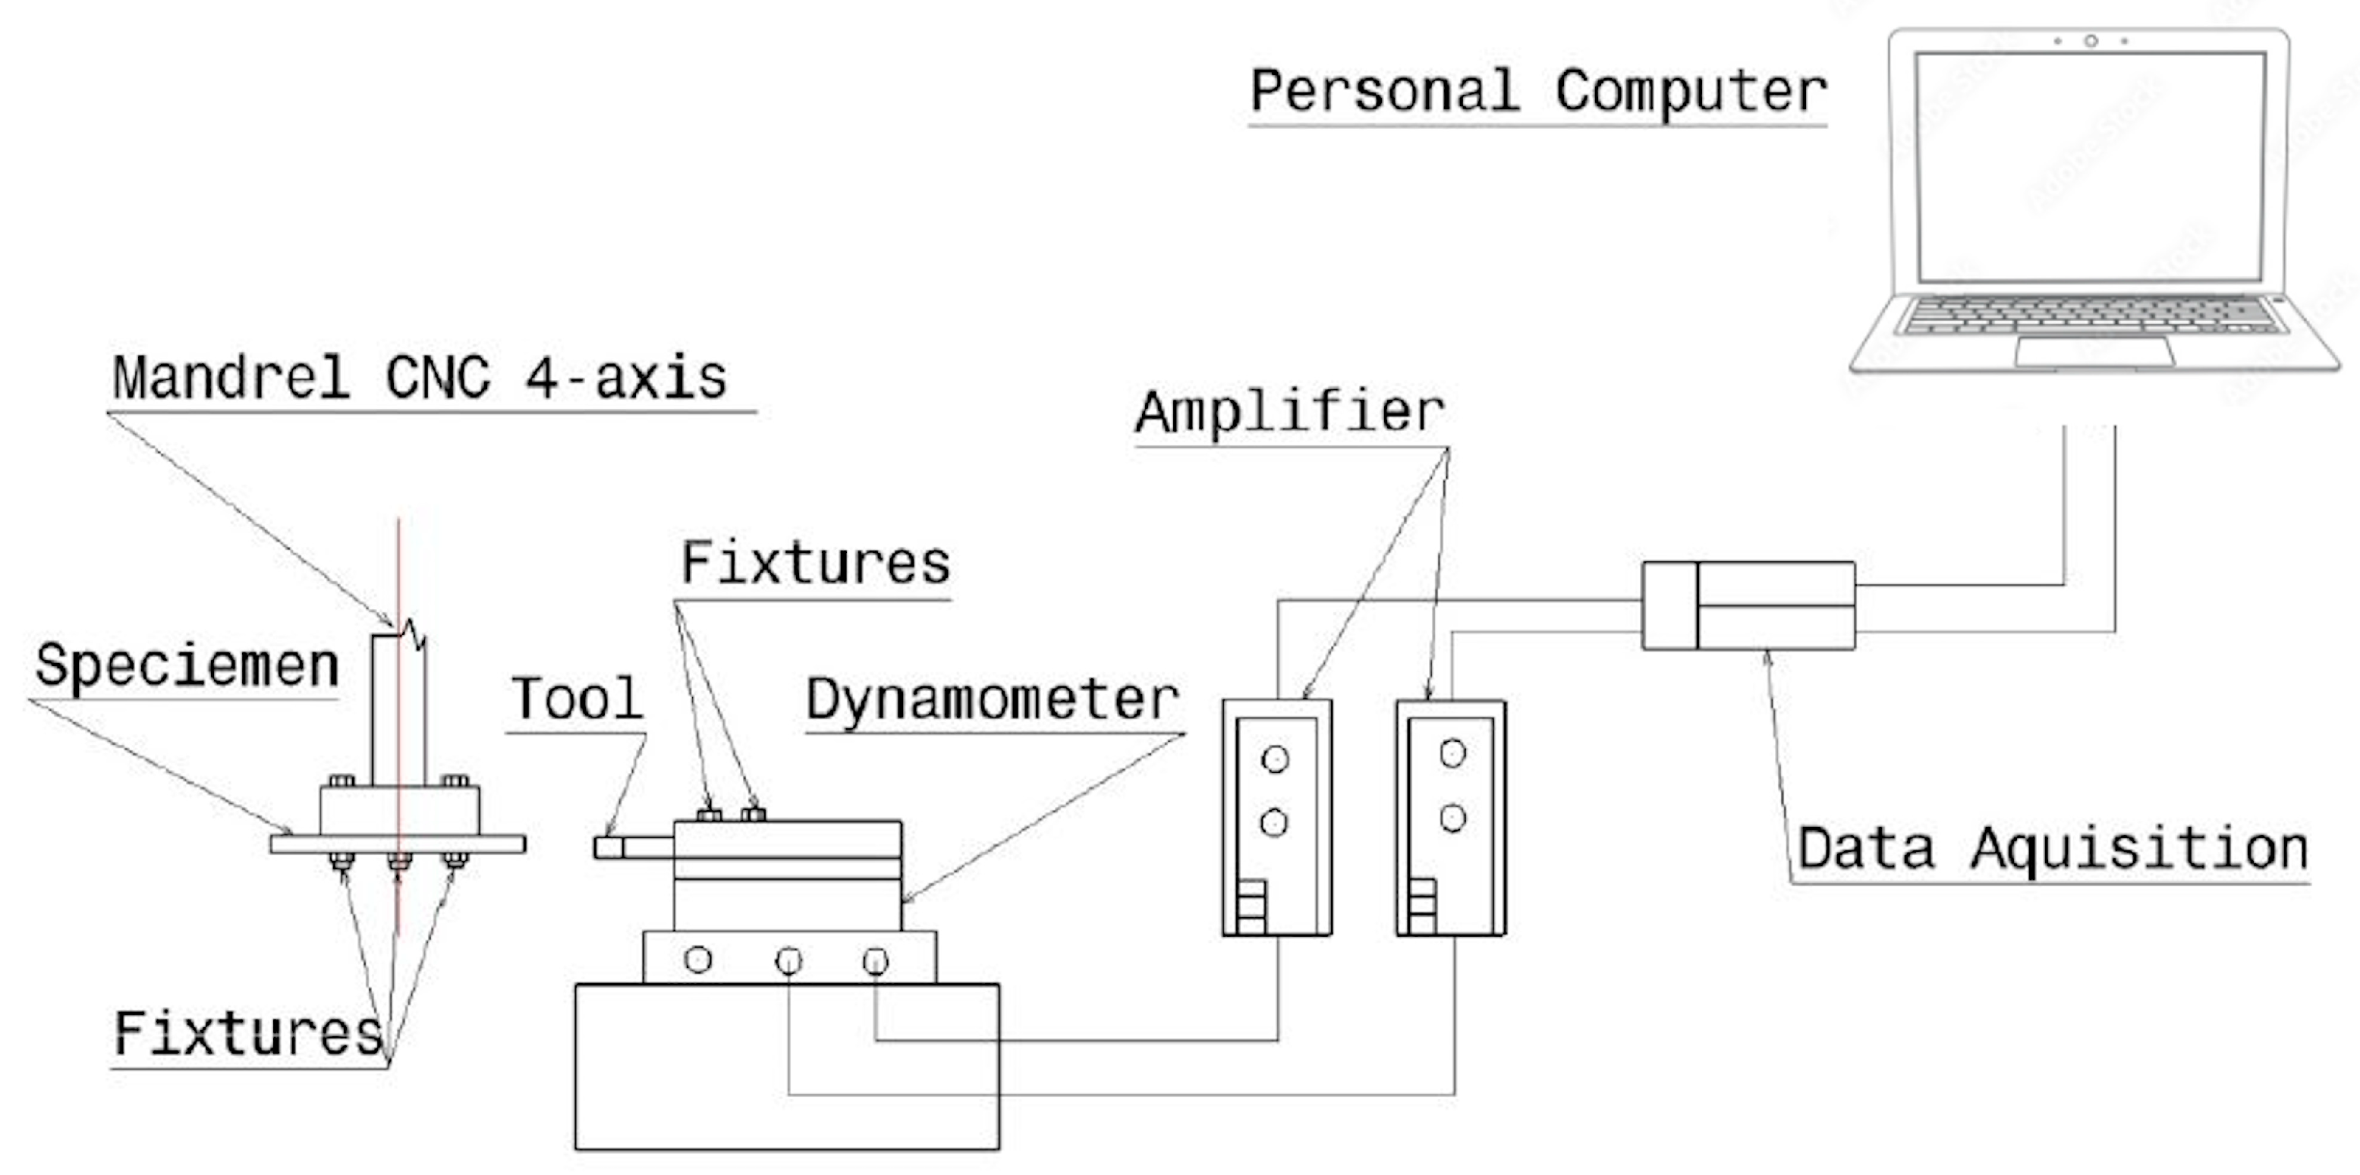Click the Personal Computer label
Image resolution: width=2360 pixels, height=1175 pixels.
(1538, 93)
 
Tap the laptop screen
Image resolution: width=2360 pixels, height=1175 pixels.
(2090, 166)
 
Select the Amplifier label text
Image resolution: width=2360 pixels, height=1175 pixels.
(1290, 412)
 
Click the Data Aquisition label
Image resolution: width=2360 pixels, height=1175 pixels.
(2052, 850)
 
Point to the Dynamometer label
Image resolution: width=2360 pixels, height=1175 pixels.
(993, 701)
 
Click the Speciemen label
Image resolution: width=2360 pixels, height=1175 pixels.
(187, 666)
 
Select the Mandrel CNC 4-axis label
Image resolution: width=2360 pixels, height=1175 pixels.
(420, 377)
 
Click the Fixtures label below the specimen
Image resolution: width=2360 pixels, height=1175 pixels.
(247, 1034)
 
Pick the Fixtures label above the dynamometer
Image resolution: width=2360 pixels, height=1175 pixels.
(815, 564)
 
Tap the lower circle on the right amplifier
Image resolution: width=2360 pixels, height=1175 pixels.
(1453, 817)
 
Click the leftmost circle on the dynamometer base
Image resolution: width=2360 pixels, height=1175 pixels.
(698, 960)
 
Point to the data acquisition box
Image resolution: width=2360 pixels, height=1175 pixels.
(1748, 606)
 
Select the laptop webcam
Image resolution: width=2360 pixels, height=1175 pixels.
(2091, 41)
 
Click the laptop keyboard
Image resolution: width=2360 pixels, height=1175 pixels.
(2089, 315)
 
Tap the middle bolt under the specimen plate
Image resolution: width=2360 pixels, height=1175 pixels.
(399, 861)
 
